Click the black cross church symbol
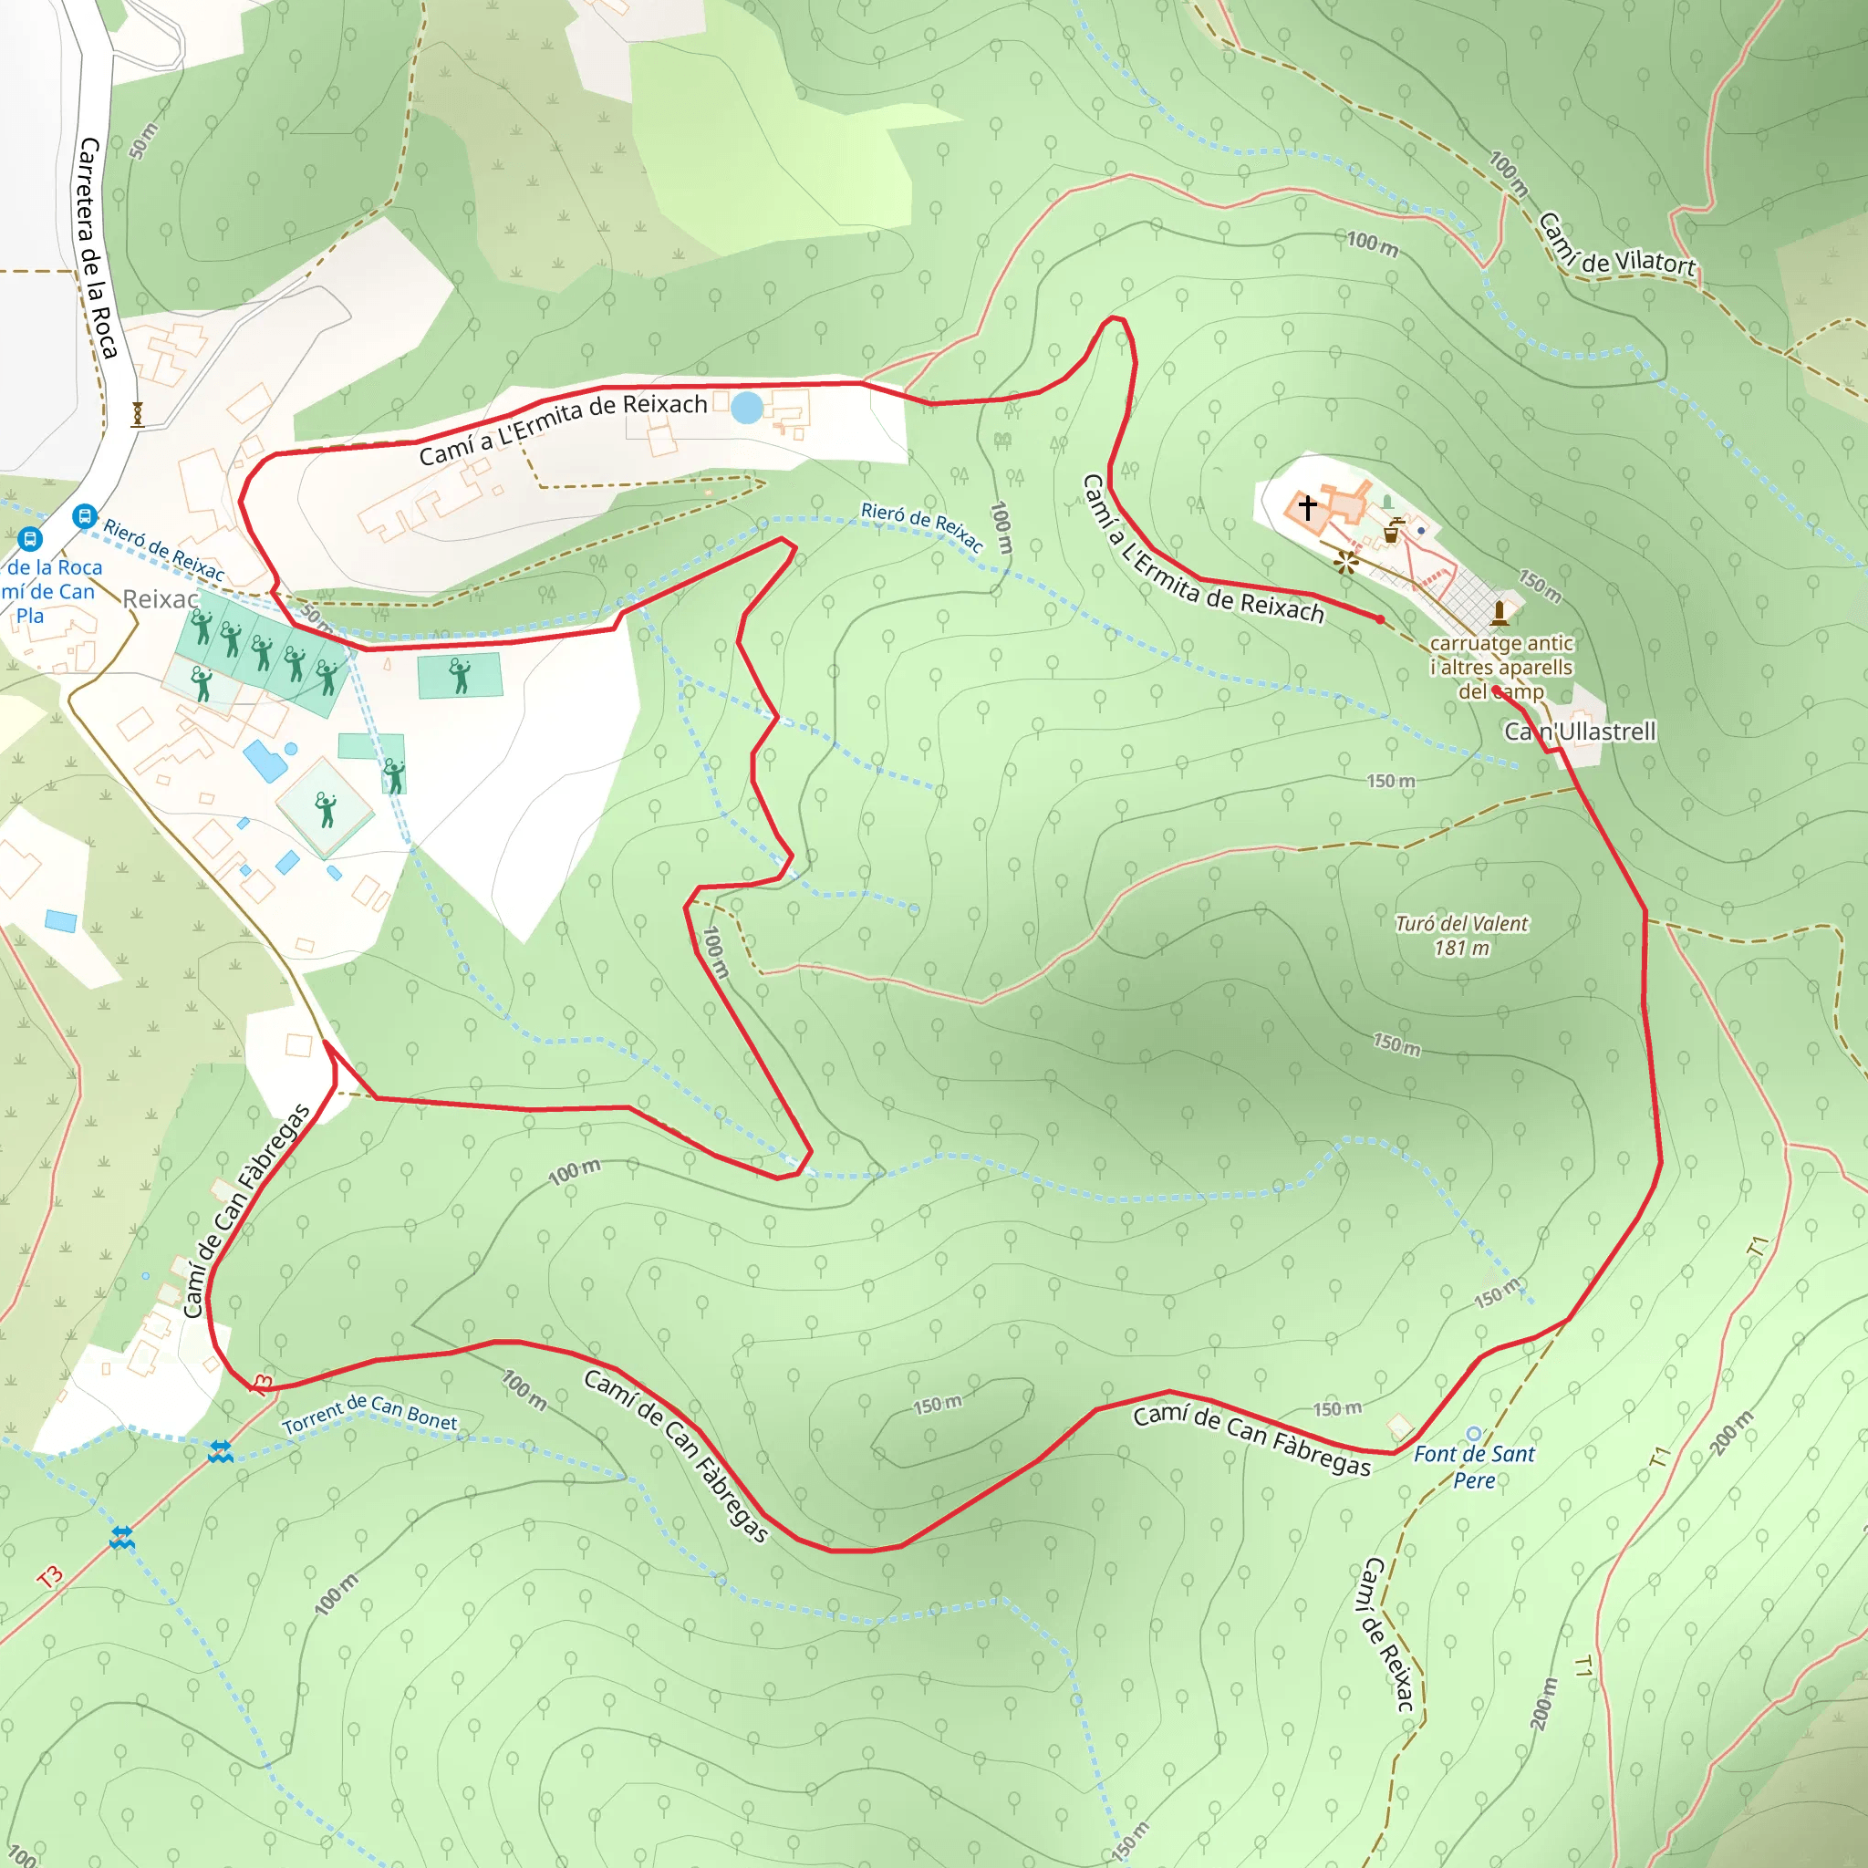pos(1307,506)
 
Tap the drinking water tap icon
pos(1391,530)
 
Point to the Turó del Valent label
pos(1461,923)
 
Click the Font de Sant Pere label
pos(1474,1467)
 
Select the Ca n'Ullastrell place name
pos(1580,732)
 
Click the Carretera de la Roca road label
pos(98,247)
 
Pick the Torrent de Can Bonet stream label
pos(369,1415)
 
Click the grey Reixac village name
pos(161,599)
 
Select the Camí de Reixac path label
pos(1388,1634)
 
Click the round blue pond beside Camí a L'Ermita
pos(746,407)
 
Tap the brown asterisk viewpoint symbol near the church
pos(1346,562)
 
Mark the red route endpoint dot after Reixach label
pos(1380,618)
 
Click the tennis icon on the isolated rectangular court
pos(461,675)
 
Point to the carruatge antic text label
pos(1500,643)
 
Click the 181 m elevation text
pos(1461,949)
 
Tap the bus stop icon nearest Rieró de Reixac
pos(85,515)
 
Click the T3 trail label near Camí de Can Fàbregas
pos(262,1385)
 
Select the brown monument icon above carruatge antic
pos(1499,612)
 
